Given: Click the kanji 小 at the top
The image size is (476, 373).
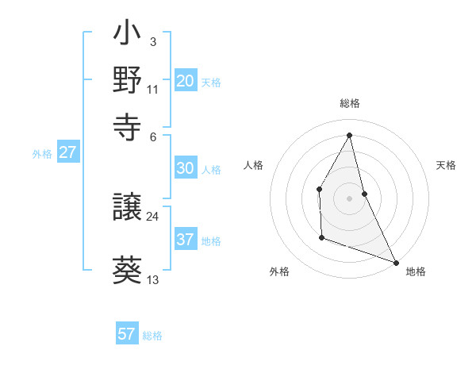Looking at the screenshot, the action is click(127, 36).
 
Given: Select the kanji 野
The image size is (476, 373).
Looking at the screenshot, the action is click(127, 80).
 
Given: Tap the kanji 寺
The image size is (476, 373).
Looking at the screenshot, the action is click(127, 125).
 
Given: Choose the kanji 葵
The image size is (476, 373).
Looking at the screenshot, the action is click(127, 271).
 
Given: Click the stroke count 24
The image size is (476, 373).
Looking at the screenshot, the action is click(152, 216).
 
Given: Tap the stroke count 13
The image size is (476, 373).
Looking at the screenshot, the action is click(153, 279).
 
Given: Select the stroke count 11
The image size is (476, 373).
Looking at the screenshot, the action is click(153, 89).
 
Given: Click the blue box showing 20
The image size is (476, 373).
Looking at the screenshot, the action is click(186, 81).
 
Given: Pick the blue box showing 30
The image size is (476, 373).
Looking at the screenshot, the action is click(186, 168).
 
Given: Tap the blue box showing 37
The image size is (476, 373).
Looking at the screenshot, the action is click(186, 240).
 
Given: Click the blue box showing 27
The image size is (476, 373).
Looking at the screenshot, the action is click(67, 152).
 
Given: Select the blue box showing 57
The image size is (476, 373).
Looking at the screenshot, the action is click(127, 334).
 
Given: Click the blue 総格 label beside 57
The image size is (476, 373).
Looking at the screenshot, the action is click(152, 336).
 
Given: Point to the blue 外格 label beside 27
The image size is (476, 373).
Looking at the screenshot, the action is click(42, 154).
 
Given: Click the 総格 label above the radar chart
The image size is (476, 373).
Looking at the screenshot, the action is click(349, 103).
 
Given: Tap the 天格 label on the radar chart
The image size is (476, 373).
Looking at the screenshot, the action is click(446, 165).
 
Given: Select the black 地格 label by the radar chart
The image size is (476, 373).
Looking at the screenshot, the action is click(416, 271).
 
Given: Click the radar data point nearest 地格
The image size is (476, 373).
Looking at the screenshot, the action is click(396, 262).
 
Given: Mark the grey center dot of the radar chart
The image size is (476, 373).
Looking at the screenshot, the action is click(349, 198).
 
